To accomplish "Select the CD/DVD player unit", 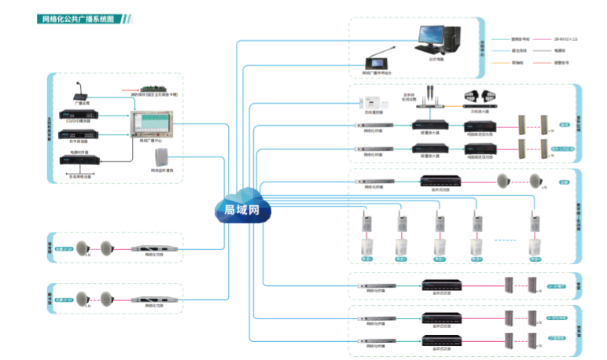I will tap(79, 112).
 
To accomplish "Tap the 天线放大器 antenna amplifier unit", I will tap(480, 99).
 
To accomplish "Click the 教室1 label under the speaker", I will tap(366, 259).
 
